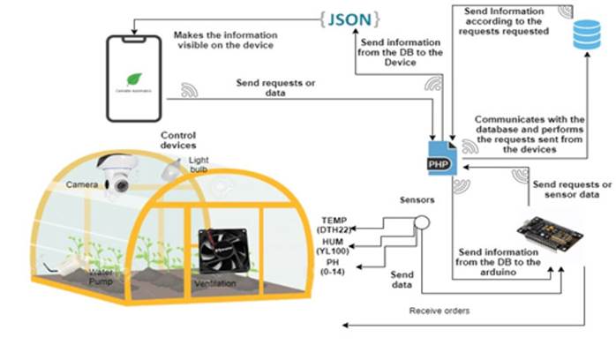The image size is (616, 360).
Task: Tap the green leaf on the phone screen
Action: [134, 77]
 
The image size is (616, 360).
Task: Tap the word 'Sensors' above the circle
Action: [417, 200]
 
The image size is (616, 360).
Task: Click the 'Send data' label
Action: [403, 281]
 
